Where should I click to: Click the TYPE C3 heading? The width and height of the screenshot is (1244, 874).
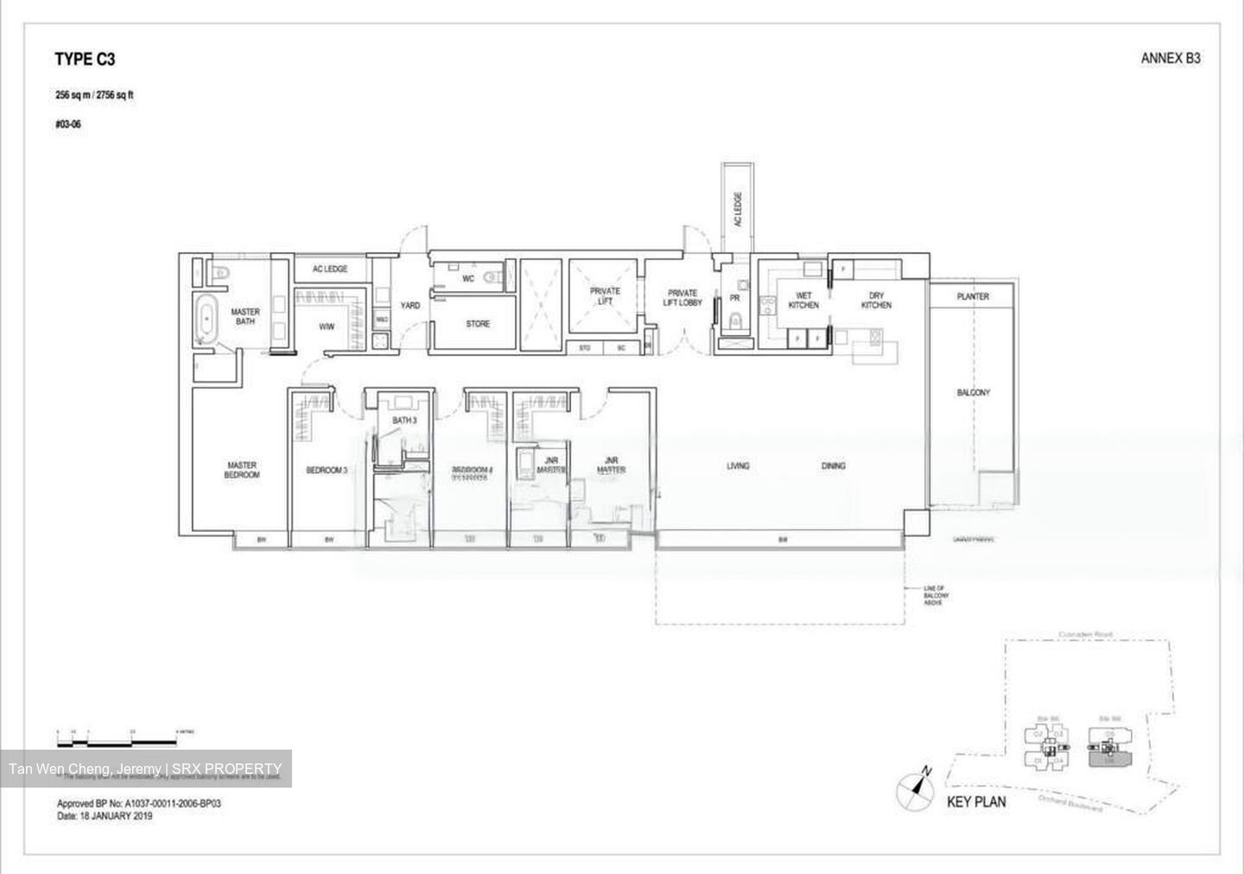tap(85, 60)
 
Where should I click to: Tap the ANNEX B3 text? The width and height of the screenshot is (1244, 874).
tap(1171, 59)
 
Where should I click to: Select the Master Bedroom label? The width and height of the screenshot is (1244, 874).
tap(242, 470)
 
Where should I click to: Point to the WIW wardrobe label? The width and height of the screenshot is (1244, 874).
tap(327, 326)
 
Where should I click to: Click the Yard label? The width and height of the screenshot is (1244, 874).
tap(410, 306)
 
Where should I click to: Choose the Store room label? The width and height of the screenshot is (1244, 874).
tap(478, 324)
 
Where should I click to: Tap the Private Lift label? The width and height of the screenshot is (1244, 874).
tap(605, 296)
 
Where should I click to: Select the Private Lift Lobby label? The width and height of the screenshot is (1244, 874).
tap(682, 298)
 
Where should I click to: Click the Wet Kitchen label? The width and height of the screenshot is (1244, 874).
tap(803, 301)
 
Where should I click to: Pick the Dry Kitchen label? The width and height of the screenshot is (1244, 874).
tap(876, 301)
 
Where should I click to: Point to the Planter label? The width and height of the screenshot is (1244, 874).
tap(973, 296)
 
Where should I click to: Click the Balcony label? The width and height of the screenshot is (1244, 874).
tap(973, 393)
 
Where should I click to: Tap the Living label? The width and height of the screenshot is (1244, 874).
tap(738, 466)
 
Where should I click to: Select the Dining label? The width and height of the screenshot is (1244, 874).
tap(833, 466)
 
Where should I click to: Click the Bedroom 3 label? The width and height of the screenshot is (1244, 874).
tap(327, 471)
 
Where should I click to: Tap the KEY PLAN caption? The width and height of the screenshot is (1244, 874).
tap(976, 802)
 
